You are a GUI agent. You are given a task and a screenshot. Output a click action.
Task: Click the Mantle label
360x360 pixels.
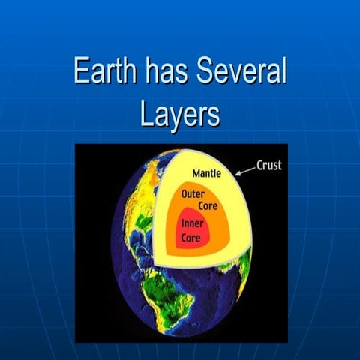pyautogui.click(x=206, y=174)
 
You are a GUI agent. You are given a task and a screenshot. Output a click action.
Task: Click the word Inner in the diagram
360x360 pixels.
pyautogui.click(x=193, y=223)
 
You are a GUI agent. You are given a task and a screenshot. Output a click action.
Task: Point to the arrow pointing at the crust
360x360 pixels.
pyautogui.click(x=245, y=171)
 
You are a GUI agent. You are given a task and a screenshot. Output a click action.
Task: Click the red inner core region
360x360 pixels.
pyautogui.click(x=196, y=230)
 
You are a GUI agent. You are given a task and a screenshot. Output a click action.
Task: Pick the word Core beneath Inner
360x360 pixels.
pyautogui.click(x=190, y=237)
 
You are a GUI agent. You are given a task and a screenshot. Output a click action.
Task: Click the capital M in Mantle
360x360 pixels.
pyautogui.click(x=196, y=174)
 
